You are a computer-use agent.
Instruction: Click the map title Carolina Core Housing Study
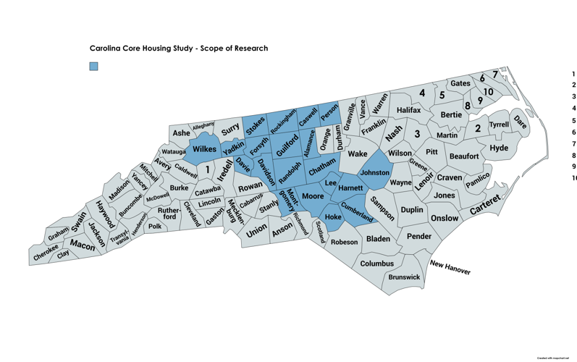[178, 49]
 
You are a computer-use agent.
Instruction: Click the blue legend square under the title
[93, 67]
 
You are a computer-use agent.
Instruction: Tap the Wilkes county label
[205, 149]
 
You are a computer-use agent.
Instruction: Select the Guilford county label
[288, 142]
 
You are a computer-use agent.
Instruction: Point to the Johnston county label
[375, 173]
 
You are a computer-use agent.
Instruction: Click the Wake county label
[358, 153]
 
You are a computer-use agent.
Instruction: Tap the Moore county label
[313, 196]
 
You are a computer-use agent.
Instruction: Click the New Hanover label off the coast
[450, 267]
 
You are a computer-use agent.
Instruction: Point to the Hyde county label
[499, 148]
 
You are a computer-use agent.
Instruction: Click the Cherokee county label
[46, 252]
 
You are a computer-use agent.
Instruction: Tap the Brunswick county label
[404, 277]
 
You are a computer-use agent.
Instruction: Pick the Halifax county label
[408, 110]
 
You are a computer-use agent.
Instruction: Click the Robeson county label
[345, 243]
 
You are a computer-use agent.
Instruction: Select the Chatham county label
[322, 169]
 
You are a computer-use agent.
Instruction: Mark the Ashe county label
[181, 133]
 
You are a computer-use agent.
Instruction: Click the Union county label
[256, 232]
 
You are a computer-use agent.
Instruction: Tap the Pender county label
[418, 236]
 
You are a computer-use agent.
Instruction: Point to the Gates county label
[460, 83]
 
